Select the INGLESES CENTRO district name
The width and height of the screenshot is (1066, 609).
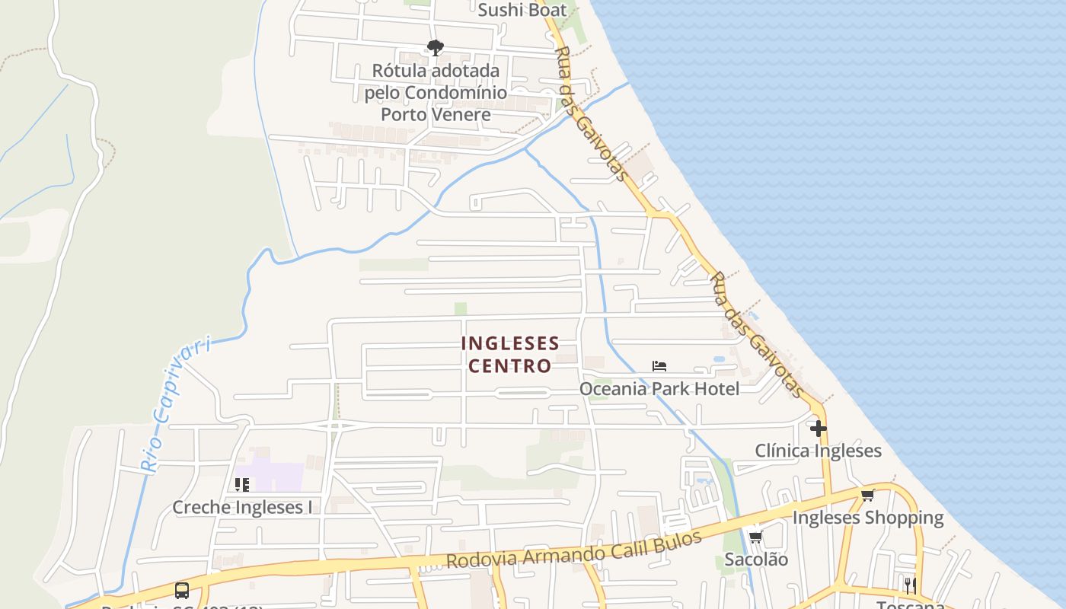coord(510,355)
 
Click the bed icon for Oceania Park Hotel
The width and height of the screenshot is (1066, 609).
coord(659,366)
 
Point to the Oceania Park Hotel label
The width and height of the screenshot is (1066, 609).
coord(659,389)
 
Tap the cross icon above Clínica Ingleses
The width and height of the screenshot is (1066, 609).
coord(819,429)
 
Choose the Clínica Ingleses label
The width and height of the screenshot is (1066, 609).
coord(819,451)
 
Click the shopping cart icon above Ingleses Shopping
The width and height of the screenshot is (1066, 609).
coord(867,496)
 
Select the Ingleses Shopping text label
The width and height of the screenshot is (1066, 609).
coord(868,518)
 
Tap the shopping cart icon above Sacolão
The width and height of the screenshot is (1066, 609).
coord(755,537)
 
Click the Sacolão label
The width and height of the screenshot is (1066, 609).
coord(756,560)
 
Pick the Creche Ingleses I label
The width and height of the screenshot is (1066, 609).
coord(242,507)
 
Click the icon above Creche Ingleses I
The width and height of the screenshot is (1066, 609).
coord(242,484)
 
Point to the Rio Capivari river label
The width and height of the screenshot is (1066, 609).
coord(176,405)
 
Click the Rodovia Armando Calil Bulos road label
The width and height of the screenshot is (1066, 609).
coord(573,550)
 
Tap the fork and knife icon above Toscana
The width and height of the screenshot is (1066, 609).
coord(910,585)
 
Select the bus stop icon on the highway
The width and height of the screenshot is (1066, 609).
coord(182,590)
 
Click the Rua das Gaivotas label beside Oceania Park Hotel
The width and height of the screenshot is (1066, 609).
coord(756,335)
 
